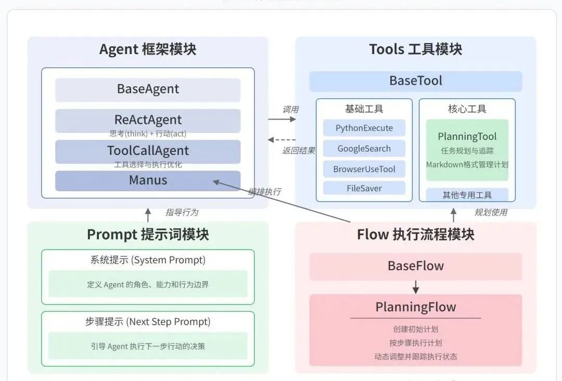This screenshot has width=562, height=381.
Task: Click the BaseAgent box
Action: coord(148,89)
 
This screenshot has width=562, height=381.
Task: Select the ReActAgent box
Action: coord(148,120)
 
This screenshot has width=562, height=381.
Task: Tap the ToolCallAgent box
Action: coord(148,151)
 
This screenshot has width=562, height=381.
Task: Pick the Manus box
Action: coord(148,180)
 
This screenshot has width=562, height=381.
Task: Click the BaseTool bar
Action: coord(415,81)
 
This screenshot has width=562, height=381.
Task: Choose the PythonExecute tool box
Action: coord(364,128)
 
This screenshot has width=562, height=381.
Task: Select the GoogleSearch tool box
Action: coord(364,149)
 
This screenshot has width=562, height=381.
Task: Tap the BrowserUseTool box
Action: coord(364,169)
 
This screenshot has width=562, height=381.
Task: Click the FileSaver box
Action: coord(364,188)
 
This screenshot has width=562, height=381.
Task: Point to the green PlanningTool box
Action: coord(467,150)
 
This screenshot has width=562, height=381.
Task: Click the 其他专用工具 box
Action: coord(467,195)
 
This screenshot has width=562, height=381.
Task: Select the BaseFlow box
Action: coord(415,266)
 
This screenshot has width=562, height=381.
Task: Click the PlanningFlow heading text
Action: coord(415,307)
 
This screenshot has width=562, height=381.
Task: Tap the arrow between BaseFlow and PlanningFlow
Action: coord(415,287)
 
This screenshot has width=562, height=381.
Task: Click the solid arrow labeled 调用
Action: coord(282,119)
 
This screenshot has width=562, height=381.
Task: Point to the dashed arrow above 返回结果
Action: coord(282,139)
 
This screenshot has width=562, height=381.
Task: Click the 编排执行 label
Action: coord(264,192)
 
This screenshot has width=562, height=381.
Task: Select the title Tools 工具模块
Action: coord(415,49)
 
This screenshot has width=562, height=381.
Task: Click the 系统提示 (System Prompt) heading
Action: coord(148,260)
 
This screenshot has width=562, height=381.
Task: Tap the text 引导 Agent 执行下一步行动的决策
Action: coord(148,346)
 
